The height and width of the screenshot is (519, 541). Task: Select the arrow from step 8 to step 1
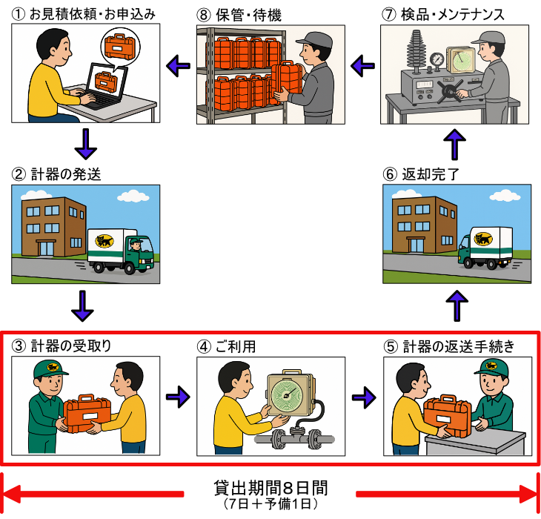(x=177, y=67)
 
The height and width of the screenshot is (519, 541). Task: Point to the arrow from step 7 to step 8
(x=362, y=67)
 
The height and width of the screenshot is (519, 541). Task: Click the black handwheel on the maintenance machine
(x=448, y=92)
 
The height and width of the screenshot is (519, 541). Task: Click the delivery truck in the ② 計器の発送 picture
(x=119, y=249)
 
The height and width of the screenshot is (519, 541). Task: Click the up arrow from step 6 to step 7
(x=457, y=144)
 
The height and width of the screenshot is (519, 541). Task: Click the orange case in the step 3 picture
(x=87, y=415)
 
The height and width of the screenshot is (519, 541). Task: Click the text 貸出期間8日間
(x=270, y=489)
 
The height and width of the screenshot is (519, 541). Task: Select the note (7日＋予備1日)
(x=270, y=505)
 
